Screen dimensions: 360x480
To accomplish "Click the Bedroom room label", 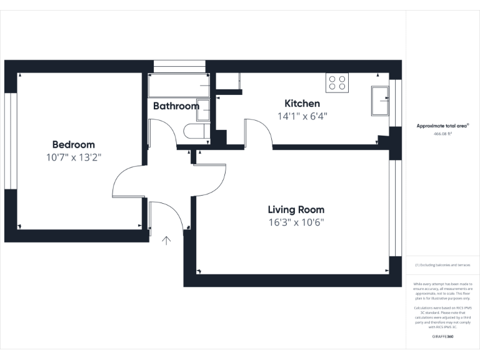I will click(x=73, y=144).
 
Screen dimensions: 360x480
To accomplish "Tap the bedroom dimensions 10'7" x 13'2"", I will click(x=73, y=157).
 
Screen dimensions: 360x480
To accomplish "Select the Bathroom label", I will click(x=176, y=106).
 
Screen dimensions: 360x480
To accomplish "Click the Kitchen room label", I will click(x=302, y=104).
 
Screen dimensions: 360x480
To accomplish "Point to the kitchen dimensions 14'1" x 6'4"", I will click(x=302, y=116).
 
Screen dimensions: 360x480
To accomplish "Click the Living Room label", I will click(x=296, y=210).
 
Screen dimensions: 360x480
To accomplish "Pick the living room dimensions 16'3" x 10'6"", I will click(x=296, y=222).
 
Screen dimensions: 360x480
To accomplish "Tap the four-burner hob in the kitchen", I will click(x=337, y=83).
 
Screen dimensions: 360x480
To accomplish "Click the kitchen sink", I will click(x=380, y=100).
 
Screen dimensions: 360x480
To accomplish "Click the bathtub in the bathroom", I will click(x=179, y=86).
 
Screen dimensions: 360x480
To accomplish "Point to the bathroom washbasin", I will click(x=203, y=108).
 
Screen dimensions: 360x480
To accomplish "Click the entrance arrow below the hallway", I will click(x=167, y=241).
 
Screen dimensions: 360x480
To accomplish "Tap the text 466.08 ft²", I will click(x=442, y=134).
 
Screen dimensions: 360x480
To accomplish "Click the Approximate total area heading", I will click(x=442, y=126).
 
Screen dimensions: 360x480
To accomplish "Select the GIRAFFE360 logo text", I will click(x=442, y=337).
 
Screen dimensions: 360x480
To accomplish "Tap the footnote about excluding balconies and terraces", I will click(x=442, y=265).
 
